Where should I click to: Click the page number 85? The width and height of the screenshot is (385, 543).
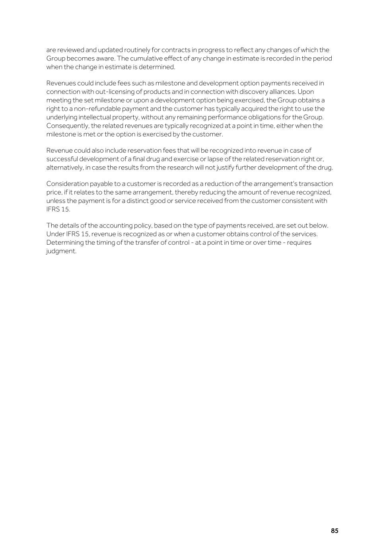334,531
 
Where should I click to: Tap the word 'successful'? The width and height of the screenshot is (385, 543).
62,159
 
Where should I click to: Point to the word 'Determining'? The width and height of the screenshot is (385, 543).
65,243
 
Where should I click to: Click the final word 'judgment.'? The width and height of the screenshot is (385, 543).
61,251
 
